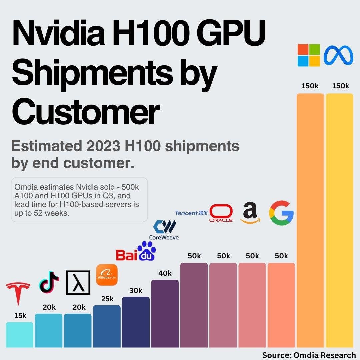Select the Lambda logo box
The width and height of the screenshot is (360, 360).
click(78, 282)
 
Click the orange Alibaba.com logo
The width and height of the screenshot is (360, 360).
click(107, 275)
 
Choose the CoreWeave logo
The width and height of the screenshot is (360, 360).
click(164, 230)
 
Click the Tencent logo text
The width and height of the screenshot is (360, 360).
click(191, 213)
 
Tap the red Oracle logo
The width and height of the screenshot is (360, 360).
click(221, 214)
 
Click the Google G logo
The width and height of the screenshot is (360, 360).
click(281, 212)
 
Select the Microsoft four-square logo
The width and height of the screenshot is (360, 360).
click(309, 55)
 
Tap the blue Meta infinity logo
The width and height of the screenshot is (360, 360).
click(338, 55)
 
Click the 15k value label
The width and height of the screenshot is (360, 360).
click(20, 316)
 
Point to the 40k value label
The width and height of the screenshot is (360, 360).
click(165, 273)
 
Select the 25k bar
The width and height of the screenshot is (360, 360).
click(107, 327)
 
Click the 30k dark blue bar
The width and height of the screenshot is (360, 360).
click(136, 322)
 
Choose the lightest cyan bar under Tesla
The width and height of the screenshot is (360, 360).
click(20, 335)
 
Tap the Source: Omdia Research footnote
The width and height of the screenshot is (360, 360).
click(309, 355)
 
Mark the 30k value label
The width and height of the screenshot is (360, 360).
click(136, 290)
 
